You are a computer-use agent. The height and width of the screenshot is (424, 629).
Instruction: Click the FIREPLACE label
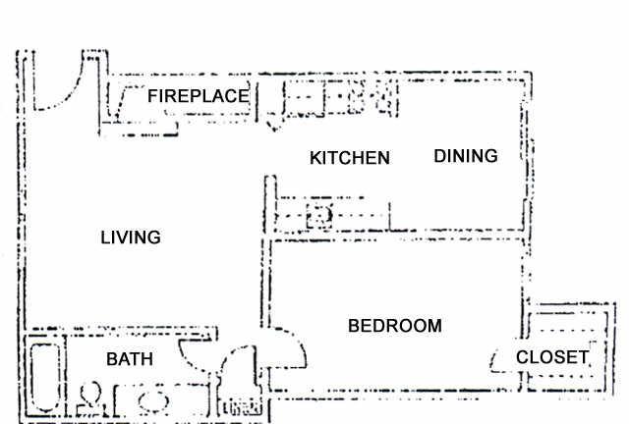pos(199,96)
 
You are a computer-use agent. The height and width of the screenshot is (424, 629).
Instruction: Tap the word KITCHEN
pos(350,158)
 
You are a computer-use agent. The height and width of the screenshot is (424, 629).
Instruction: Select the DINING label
pos(466,156)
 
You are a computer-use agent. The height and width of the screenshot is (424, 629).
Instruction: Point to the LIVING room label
pos(131,238)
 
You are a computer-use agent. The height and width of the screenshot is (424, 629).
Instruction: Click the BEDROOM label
pos(395,326)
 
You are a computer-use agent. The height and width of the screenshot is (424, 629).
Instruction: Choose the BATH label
pos(130,359)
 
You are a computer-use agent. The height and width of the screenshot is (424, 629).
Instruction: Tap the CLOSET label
pos(552,357)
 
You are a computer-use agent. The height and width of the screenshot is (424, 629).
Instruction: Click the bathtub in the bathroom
pos(45,378)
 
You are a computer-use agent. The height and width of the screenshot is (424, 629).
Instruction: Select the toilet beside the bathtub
pos(90,396)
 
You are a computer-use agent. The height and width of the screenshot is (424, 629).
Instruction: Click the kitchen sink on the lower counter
pos(319,216)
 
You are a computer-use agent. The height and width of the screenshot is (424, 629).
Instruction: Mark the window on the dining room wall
pos(529,149)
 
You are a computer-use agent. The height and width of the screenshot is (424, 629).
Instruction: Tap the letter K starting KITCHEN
pos(315,158)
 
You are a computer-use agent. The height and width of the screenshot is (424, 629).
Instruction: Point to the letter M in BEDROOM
pos(434,326)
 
